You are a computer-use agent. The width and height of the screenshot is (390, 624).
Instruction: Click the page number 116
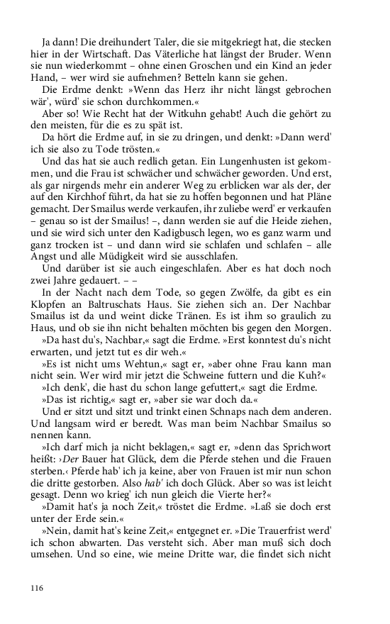coord(37,588)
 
